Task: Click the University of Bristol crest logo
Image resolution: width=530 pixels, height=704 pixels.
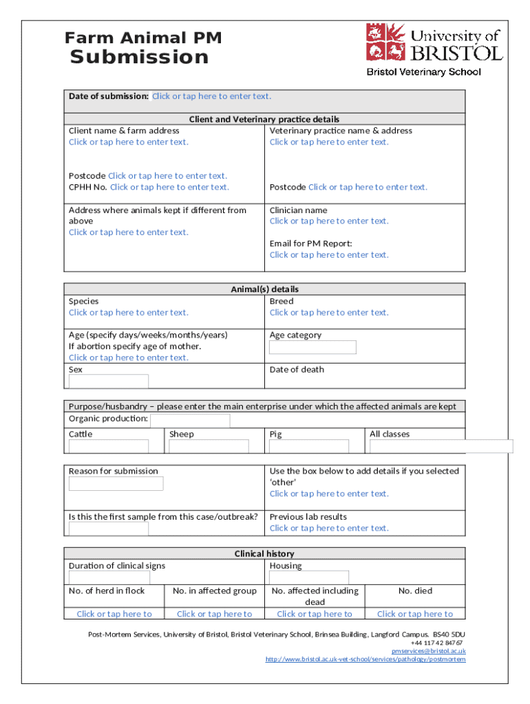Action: click(385, 43)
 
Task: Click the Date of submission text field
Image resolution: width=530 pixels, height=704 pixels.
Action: click(211, 96)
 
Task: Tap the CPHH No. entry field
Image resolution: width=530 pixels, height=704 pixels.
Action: click(169, 187)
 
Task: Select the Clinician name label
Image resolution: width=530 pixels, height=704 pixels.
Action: click(298, 210)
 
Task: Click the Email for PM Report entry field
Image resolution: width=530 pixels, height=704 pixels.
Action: click(329, 255)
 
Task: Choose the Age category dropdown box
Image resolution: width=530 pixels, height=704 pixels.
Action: click(312, 347)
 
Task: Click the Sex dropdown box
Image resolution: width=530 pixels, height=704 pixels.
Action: click(108, 381)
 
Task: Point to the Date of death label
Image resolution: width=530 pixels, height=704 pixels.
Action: click(297, 370)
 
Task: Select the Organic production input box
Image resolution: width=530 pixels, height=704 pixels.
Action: click(190, 420)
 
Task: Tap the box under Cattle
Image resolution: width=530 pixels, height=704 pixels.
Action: click(108, 446)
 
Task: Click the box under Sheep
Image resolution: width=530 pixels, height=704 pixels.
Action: click(209, 446)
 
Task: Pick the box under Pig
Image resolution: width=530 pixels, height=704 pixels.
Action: click(309, 446)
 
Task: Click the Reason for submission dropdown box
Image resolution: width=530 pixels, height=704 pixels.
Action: click(116, 483)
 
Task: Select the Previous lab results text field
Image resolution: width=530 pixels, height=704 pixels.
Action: click(329, 529)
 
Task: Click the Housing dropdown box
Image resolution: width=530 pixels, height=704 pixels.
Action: click(309, 577)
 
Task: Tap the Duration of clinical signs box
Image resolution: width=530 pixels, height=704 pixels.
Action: click(109, 577)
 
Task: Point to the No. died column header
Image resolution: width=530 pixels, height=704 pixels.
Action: click(415, 591)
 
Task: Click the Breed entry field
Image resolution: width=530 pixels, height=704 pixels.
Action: click(329, 313)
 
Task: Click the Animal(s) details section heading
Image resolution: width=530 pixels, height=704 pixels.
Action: click(264, 289)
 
